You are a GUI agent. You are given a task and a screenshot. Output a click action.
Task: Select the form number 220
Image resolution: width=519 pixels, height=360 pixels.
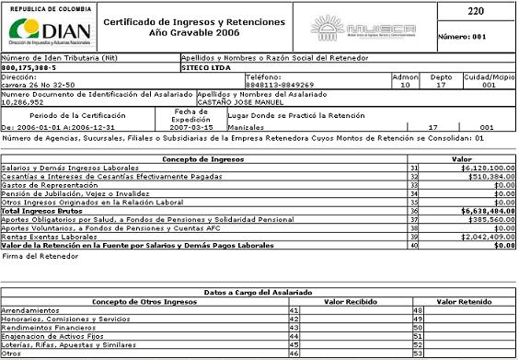pyautogui.click(x=476, y=11)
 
